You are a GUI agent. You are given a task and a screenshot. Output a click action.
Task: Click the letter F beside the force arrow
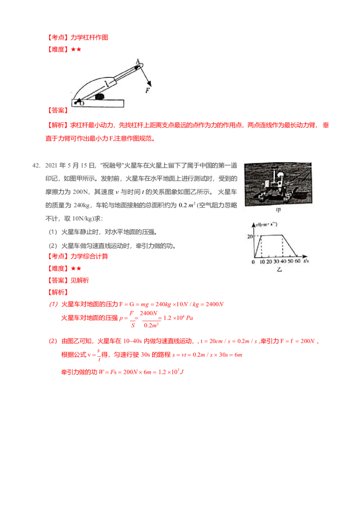pyautogui.click(x=148, y=90)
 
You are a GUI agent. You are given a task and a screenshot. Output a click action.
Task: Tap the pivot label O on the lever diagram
pyautogui.click(x=82, y=103)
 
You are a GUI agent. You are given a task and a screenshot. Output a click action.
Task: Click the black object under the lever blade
pyautogui.click(x=100, y=96)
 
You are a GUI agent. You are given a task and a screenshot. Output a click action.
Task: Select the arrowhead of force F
pyautogui.click(x=149, y=83)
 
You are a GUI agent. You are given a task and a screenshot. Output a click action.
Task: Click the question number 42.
pyautogui.click(x=36, y=165)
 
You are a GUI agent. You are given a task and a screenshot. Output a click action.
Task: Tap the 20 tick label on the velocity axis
pyautogui.click(x=250, y=237)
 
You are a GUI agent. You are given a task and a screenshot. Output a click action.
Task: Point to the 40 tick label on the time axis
pyautogui.click(x=283, y=261)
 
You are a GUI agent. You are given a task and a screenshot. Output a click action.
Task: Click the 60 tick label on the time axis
pyautogui.click(x=297, y=261)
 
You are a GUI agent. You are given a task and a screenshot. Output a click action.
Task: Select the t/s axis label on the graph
pyautogui.click(x=306, y=261)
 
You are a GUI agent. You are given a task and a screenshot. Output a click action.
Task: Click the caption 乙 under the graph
pyautogui.click(x=279, y=269)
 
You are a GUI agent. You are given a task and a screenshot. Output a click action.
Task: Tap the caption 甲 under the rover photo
pyautogui.click(x=278, y=210)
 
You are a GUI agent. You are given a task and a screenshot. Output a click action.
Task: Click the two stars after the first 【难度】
pyautogui.click(x=76, y=49)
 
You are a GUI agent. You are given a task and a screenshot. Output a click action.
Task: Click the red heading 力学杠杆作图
pyautogui.click(x=90, y=37)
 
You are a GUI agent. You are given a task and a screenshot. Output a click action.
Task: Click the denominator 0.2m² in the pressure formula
pyautogui.click(x=151, y=325)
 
